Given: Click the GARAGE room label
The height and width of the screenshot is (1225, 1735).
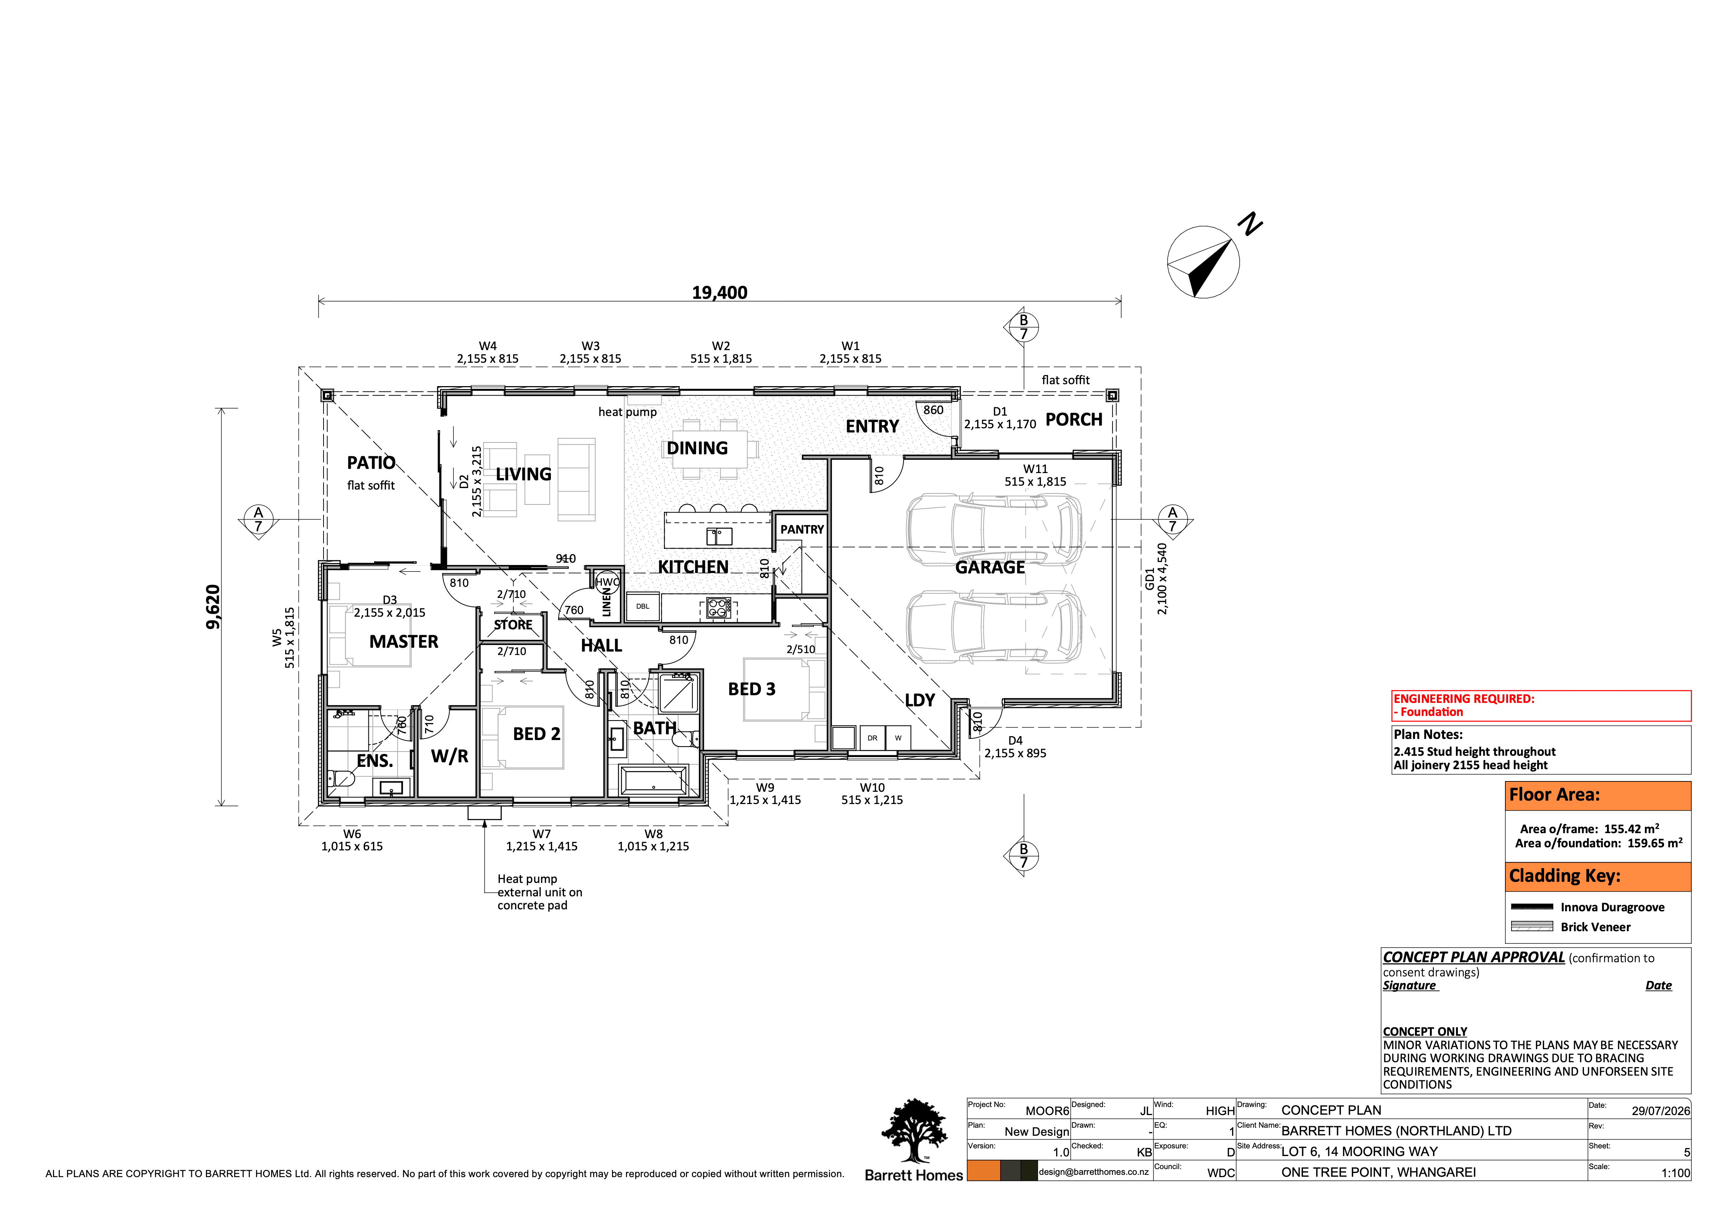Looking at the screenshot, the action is coord(990,567).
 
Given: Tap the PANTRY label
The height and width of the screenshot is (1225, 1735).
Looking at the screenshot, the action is coord(802,529).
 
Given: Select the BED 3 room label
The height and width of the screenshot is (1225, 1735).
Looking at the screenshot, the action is coord(752,689).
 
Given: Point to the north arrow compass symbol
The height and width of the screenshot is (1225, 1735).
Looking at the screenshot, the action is coord(1204,262).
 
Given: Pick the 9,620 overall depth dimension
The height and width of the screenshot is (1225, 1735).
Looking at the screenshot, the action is coord(213,606).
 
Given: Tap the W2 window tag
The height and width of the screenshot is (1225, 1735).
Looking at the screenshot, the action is coord(721,346).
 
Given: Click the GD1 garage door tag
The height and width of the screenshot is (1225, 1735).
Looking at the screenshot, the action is coord(1149,579).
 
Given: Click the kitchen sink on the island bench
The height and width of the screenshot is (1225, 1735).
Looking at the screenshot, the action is coord(719,536).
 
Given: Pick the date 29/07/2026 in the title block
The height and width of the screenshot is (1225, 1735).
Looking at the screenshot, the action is coord(1660,1111).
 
